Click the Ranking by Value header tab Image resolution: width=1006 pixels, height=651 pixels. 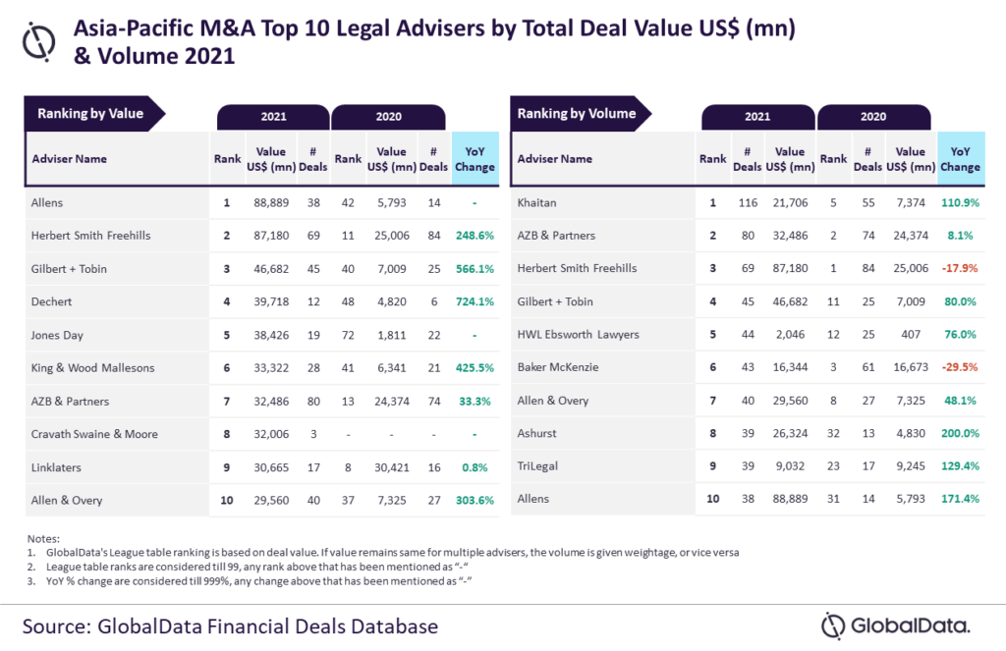tap(90, 114)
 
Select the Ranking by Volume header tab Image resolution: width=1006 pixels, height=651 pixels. tap(577, 114)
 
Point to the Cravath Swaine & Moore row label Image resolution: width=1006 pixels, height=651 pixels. tap(93, 434)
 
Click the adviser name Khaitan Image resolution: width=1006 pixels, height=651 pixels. tap(537, 201)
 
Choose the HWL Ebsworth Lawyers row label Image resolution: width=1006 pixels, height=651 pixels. tap(578, 335)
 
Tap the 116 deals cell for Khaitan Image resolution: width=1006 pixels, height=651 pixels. tap(752, 201)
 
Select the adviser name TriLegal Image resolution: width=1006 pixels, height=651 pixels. tap(537, 467)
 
